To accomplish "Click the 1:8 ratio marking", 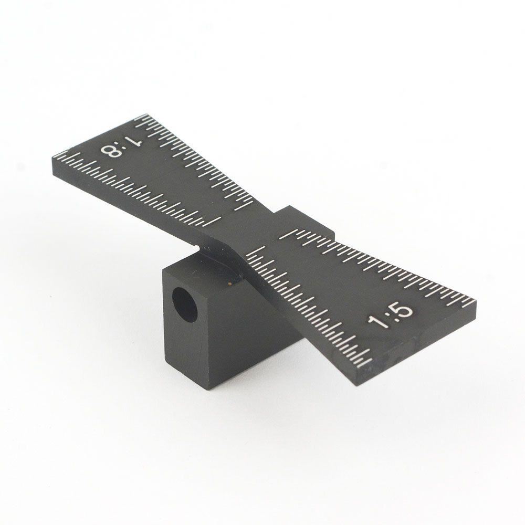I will (x=122, y=146).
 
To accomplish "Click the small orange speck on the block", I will (x=229, y=284).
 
